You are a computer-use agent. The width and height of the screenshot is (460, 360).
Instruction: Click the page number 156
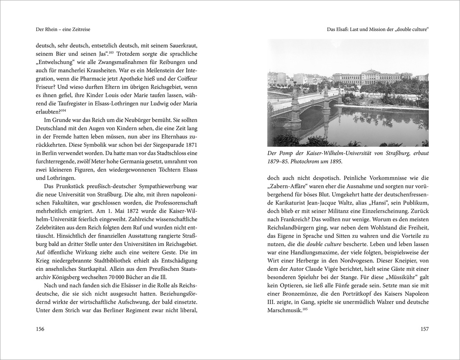click(x=40, y=329)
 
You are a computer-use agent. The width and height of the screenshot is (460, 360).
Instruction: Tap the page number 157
click(x=424, y=329)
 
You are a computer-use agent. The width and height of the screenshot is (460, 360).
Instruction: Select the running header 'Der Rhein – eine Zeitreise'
click(x=63, y=29)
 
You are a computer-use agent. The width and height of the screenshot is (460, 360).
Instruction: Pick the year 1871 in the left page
click(x=190, y=145)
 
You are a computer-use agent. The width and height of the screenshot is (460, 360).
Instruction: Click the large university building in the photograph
click(x=372, y=77)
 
